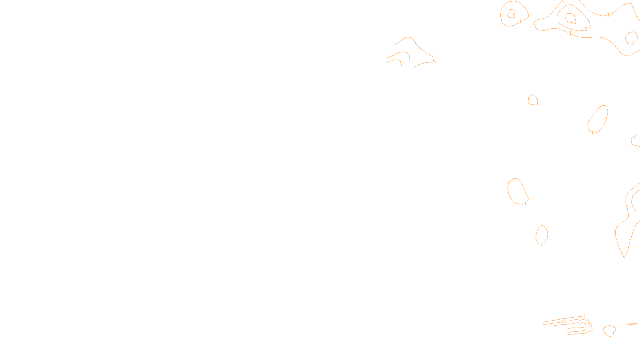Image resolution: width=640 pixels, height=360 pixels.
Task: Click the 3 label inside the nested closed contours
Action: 575,22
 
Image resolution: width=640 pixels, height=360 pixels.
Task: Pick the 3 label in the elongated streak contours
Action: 580,322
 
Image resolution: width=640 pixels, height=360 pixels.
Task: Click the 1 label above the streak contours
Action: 584,316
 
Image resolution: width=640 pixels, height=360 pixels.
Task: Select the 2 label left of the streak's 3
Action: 563,322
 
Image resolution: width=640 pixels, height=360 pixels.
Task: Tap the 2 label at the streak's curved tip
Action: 589,325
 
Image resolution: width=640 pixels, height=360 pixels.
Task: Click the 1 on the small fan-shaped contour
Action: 613,334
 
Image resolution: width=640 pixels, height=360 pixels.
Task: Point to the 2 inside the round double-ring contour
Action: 514,16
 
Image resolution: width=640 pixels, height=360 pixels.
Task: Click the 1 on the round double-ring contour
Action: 520,22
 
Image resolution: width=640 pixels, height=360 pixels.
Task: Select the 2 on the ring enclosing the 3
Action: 586,29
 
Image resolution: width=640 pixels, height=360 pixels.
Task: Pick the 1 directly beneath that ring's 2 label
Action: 570,33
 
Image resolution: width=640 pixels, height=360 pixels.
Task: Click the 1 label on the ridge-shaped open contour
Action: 430,54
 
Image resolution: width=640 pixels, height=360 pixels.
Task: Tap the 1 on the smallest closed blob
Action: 537,104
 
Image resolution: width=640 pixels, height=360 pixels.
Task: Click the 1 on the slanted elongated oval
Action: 592,133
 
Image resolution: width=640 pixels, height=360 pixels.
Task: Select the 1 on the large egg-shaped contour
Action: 525,204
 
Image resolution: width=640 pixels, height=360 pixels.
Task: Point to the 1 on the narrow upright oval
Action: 542,244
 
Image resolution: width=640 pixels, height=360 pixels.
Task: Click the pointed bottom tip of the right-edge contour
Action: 624,258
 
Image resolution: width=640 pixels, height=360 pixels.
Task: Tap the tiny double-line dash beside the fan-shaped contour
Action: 631,324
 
